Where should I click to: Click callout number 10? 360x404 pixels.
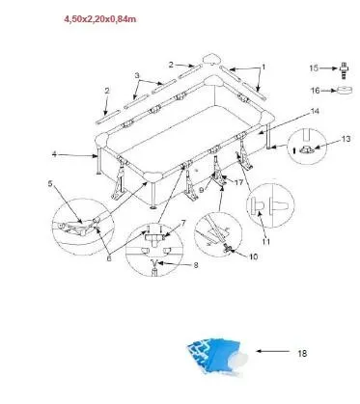(254, 257)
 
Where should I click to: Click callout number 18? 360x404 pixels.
(301, 354)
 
